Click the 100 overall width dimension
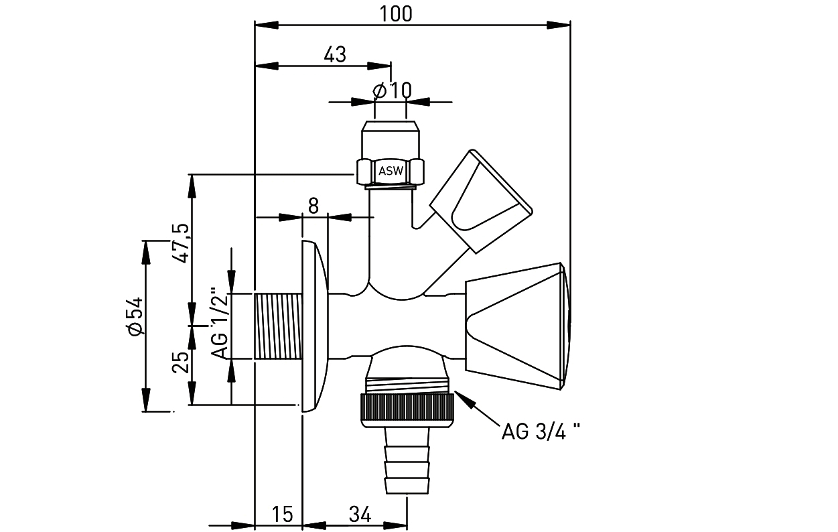click(396, 14)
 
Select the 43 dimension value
click(335, 55)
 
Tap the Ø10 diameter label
click(392, 90)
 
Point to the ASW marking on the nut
click(391, 171)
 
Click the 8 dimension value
click(313, 206)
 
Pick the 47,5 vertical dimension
click(180, 243)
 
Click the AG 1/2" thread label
click(219, 324)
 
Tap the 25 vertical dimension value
click(181, 362)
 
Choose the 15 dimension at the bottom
click(283, 514)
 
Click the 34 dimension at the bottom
click(360, 514)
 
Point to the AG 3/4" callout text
click(541, 431)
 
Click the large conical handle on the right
click(518, 326)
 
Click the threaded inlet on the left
click(279, 326)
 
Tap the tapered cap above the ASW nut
click(391, 140)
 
